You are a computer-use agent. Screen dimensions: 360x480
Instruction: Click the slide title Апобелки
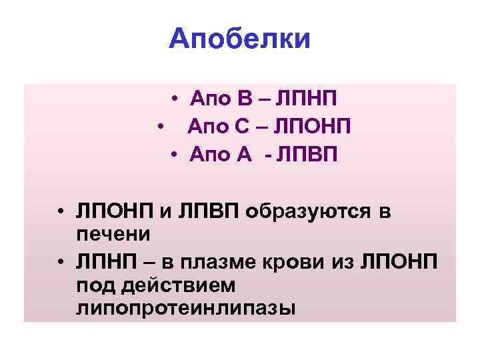click(240, 39)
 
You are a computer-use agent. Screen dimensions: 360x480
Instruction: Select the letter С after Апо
click(243, 127)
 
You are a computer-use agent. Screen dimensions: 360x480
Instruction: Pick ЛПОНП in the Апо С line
click(312, 127)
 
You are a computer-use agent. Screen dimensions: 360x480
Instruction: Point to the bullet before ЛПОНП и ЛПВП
click(60, 212)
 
